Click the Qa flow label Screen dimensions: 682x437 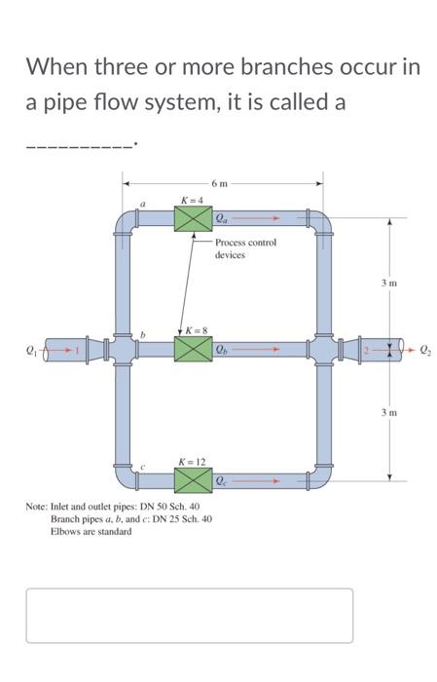[223, 218]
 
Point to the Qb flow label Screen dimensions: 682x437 [223, 348]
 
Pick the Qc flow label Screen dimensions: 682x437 [223, 479]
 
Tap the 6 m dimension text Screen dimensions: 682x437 [220, 182]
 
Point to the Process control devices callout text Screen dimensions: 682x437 [245, 248]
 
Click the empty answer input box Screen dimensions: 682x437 [189, 615]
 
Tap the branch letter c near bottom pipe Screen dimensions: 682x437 [143, 465]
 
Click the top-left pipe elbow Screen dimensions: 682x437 [125, 222]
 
